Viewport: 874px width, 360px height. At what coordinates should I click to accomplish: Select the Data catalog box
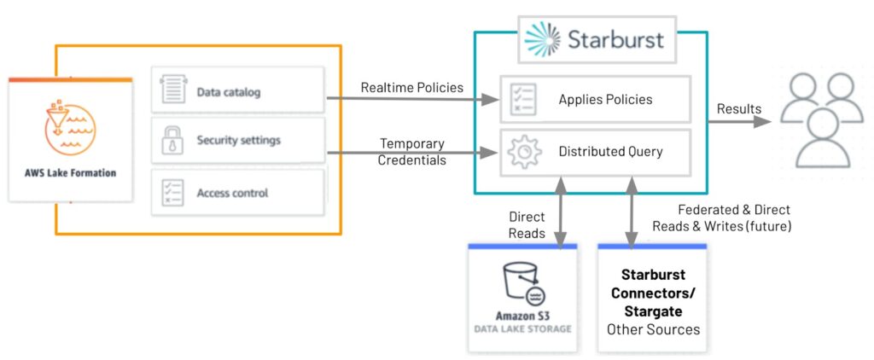pos(238,91)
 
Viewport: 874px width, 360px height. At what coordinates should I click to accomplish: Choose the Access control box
pos(238,192)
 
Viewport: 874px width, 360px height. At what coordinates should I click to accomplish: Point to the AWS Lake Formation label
pos(70,172)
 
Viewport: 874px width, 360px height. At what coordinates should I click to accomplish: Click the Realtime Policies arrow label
pos(411,87)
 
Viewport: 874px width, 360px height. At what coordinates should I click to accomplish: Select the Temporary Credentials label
pos(413,152)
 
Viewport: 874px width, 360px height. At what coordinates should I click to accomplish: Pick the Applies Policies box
pos(594,100)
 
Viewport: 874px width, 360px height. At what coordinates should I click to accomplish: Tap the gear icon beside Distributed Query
pos(524,151)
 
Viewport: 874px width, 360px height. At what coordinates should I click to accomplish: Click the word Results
pos(739,108)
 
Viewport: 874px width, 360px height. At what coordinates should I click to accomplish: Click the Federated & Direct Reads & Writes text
pos(721,218)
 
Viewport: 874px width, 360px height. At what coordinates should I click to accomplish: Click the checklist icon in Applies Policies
pos(522,99)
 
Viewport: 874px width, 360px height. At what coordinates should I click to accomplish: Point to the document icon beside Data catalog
pos(173,90)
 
